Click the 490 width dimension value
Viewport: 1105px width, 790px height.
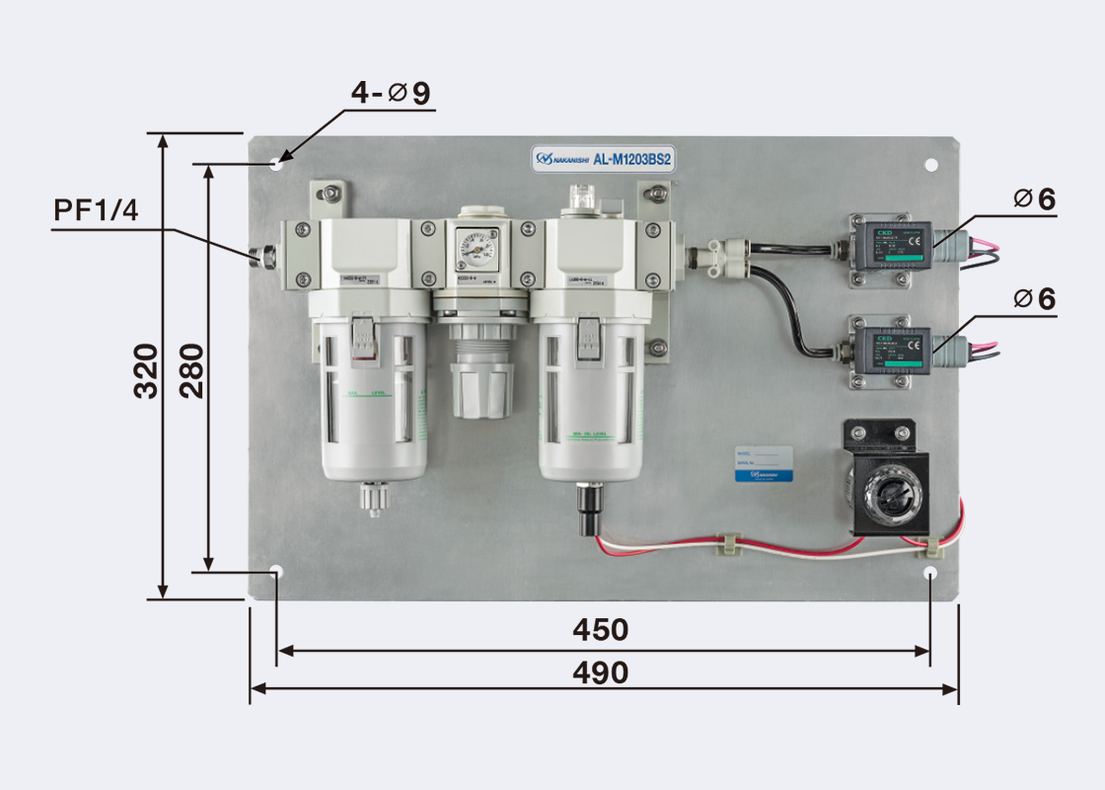pyautogui.click(x=601, y=672)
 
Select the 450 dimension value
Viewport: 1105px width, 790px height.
pyautogui.click(x=601, y=629)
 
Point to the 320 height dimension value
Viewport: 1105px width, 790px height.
pyautogui.click(x=146, y=370)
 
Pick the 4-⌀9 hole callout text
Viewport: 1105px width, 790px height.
pyautogui.click(x=392, y=94)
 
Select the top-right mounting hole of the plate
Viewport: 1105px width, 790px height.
pyautogui.click(x=930, y=165)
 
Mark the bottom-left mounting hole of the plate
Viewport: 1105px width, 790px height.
pyautogui.click(x=276, y=572)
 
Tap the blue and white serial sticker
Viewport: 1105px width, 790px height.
pyautogui.click(x=765, y=462)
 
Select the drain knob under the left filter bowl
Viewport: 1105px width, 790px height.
pyautogui.click(x=372, y=496)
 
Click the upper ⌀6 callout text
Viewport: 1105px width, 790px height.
pyautogui.click(x=1034, y=199)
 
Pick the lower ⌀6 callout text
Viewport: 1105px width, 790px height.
pyautogui.click(x=1034, y=298)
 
